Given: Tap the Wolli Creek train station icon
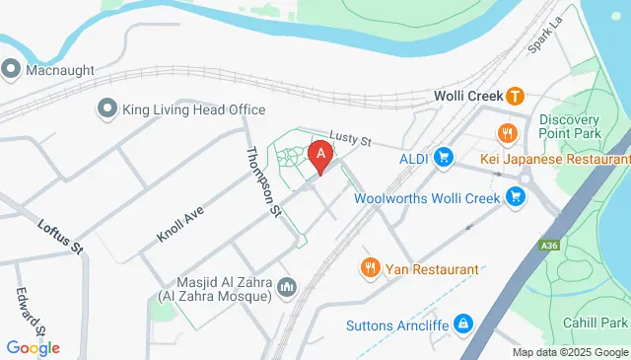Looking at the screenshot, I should [515, 97].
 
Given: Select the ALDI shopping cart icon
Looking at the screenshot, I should [444, 157].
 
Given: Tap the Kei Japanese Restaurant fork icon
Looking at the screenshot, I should [507, 133].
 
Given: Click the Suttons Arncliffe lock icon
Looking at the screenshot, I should [462, 324].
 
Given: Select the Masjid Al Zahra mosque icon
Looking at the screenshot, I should [287, 287].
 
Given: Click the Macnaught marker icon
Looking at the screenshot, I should [11, 69].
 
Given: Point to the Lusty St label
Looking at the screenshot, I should [349, 142].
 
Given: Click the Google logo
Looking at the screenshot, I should [33, 347].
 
